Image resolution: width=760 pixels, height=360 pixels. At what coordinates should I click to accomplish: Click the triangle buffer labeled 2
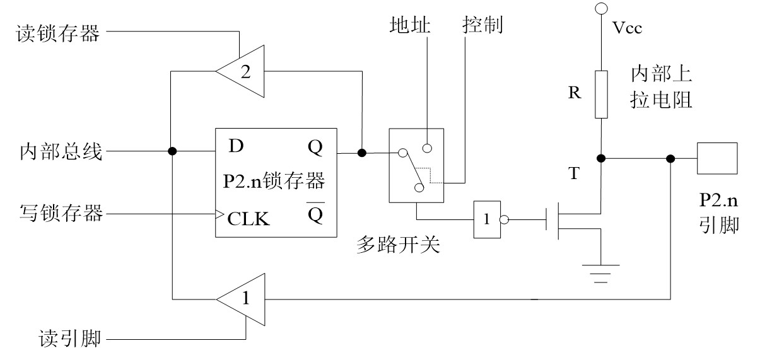(x=243, y=72)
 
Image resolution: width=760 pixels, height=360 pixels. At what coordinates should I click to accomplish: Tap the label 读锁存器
(x=57, y=33)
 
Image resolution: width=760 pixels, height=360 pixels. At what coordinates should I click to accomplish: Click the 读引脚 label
(x=67, y=341)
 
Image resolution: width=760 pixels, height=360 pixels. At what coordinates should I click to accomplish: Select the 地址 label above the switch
(x=410, y=26)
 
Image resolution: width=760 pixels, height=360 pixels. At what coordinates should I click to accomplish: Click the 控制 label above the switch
(x=482, y=26)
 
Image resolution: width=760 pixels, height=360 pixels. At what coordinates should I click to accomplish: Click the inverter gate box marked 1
(x=488, y=220)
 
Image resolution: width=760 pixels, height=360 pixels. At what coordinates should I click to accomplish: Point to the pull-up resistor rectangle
(x=600, y=95)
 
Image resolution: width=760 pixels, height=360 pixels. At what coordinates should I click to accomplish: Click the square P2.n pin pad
(x=716, y=158)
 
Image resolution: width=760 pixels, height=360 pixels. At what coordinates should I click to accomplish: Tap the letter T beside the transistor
(x=573, y=175)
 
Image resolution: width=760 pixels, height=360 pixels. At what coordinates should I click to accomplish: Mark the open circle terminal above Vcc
(x=600, y=8)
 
